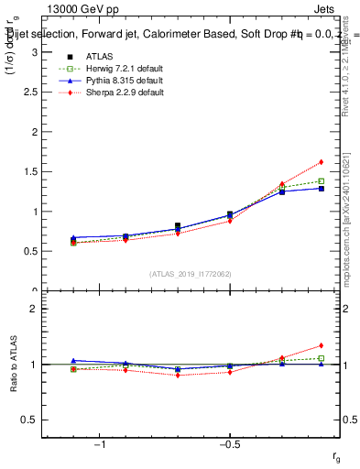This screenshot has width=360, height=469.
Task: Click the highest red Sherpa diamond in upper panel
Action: coord(322,162)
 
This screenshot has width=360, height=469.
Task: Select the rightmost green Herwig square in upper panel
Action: coord(322,181)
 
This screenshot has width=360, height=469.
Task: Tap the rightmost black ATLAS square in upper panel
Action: coord(322,189)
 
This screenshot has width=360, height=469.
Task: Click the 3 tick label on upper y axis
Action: coord(33,52)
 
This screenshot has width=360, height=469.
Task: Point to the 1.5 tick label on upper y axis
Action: coord(29,171)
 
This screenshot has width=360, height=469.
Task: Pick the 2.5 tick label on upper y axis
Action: coord(29,92)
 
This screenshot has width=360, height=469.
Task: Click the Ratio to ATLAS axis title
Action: coord(12,364)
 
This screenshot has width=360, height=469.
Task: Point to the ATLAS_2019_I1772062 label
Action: coord(191,274)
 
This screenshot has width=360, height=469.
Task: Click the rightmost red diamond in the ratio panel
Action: coord(322,345)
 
